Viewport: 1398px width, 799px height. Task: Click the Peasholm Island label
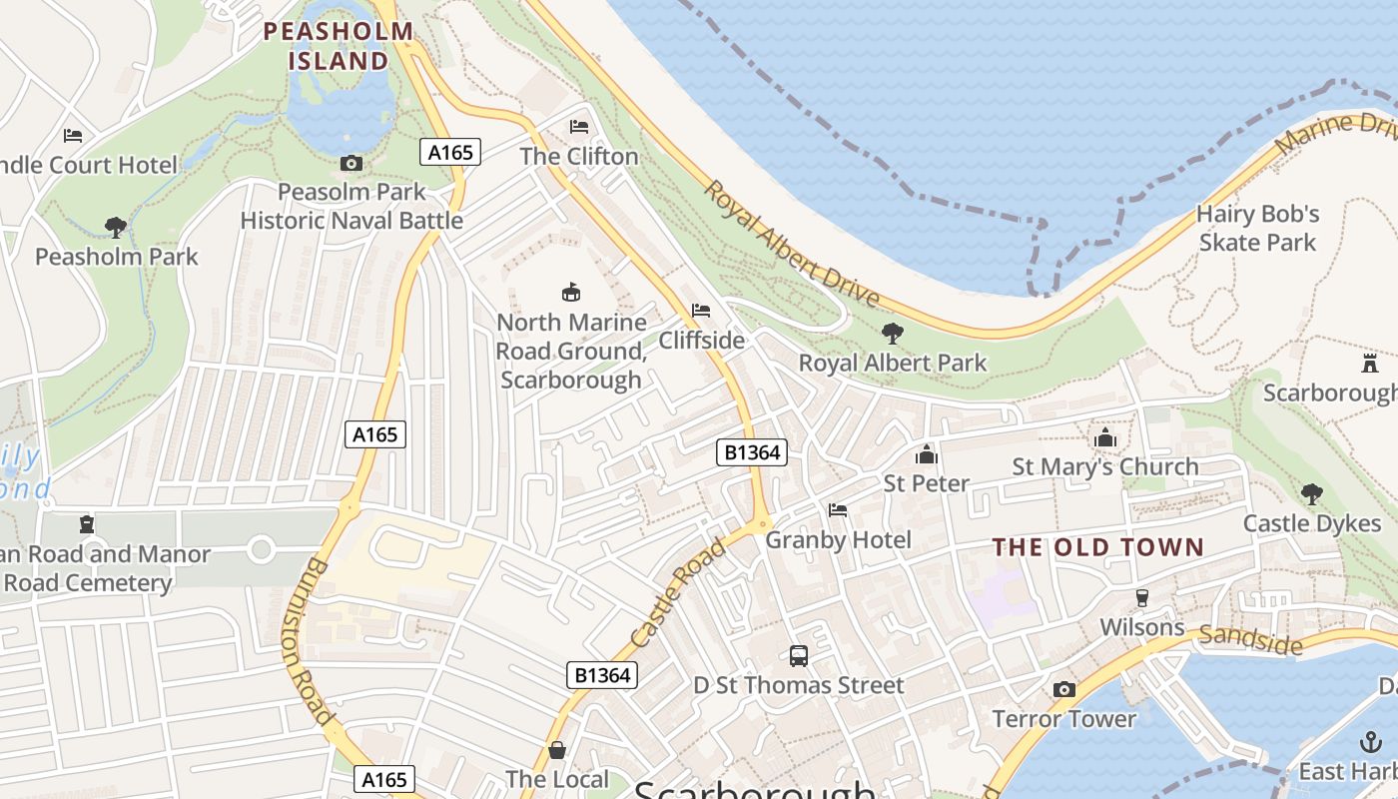(338, 46)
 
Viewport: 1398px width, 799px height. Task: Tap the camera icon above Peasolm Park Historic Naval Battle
(351, 163)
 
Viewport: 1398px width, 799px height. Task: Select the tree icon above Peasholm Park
(116, 228)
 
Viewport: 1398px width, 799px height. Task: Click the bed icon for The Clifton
(579, 127)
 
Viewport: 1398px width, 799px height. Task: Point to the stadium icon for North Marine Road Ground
(570, 293)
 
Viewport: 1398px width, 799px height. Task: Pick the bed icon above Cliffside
(701, 311)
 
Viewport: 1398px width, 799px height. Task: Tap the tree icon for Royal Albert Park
(892, 334)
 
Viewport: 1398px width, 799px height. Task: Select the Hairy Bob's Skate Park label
(1257, 228)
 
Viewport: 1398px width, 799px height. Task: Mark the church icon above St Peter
(927, 454)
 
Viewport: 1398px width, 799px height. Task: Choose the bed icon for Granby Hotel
(838, 510)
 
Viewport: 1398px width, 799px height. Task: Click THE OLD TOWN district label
(1098, 547)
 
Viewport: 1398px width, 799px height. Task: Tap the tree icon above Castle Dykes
(1311, 493)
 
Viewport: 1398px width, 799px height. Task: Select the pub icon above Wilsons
(1142, 598)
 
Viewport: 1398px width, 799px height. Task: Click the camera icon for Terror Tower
(1064, 689)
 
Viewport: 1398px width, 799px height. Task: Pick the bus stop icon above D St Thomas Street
(799, 656)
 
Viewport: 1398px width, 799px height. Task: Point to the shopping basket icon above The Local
(557, 750)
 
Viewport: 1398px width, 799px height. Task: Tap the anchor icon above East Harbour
(1371, 742)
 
